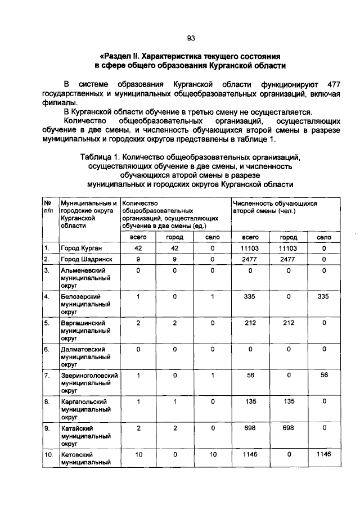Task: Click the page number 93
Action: click(x=191, y=38)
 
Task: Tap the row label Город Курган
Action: click(x=80, y=247)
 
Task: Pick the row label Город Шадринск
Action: click(x=84, y=259)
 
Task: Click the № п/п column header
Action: click(x=48, y=206)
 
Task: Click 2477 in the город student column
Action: click(x=287, y=259)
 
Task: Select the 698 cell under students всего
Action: click(x=250, y=428)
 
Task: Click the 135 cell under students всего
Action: click(x=250, y=401)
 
